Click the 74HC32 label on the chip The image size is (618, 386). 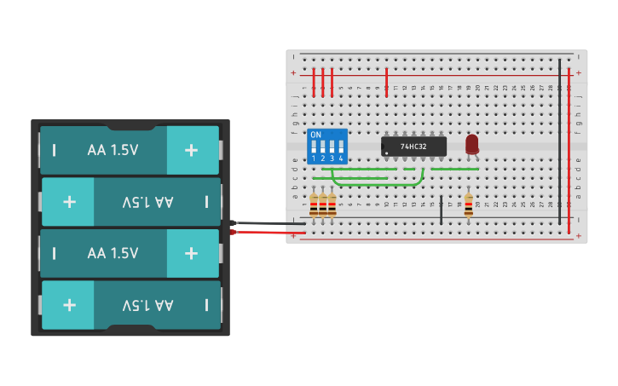pos(413,147)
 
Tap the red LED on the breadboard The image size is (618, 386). pos(472,144)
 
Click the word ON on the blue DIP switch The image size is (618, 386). pos(315,135)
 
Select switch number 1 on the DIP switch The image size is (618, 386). pos(314,149)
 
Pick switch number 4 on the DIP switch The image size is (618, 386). pos(341,149)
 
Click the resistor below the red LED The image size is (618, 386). pos(468,205)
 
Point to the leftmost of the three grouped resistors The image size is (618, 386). pos(314,205)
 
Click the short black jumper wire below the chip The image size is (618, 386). pos(442,210)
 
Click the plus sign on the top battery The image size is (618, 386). pos(191,150)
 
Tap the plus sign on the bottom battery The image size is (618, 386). pos(69,305)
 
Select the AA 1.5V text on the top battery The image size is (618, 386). pos(113,150)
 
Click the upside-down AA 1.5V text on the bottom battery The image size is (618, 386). pos(147,305)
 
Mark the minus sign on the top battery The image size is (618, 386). pos(55,150)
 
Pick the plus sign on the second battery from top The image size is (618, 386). pos(69,202)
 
